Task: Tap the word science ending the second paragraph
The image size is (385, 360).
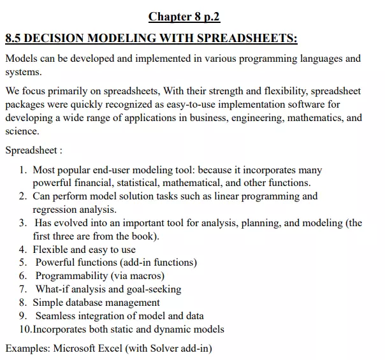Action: pyautogui.click(x=21, y=131)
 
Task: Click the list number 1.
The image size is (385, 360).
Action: pyautogui.click(x=22, y=170)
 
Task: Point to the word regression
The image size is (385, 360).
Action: pyautogui.click(x=56, y=209)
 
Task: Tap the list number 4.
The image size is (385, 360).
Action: pyautogui.click(x=22, y=249)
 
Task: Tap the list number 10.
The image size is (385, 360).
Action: pyautogui.click(x=25, y=329)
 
